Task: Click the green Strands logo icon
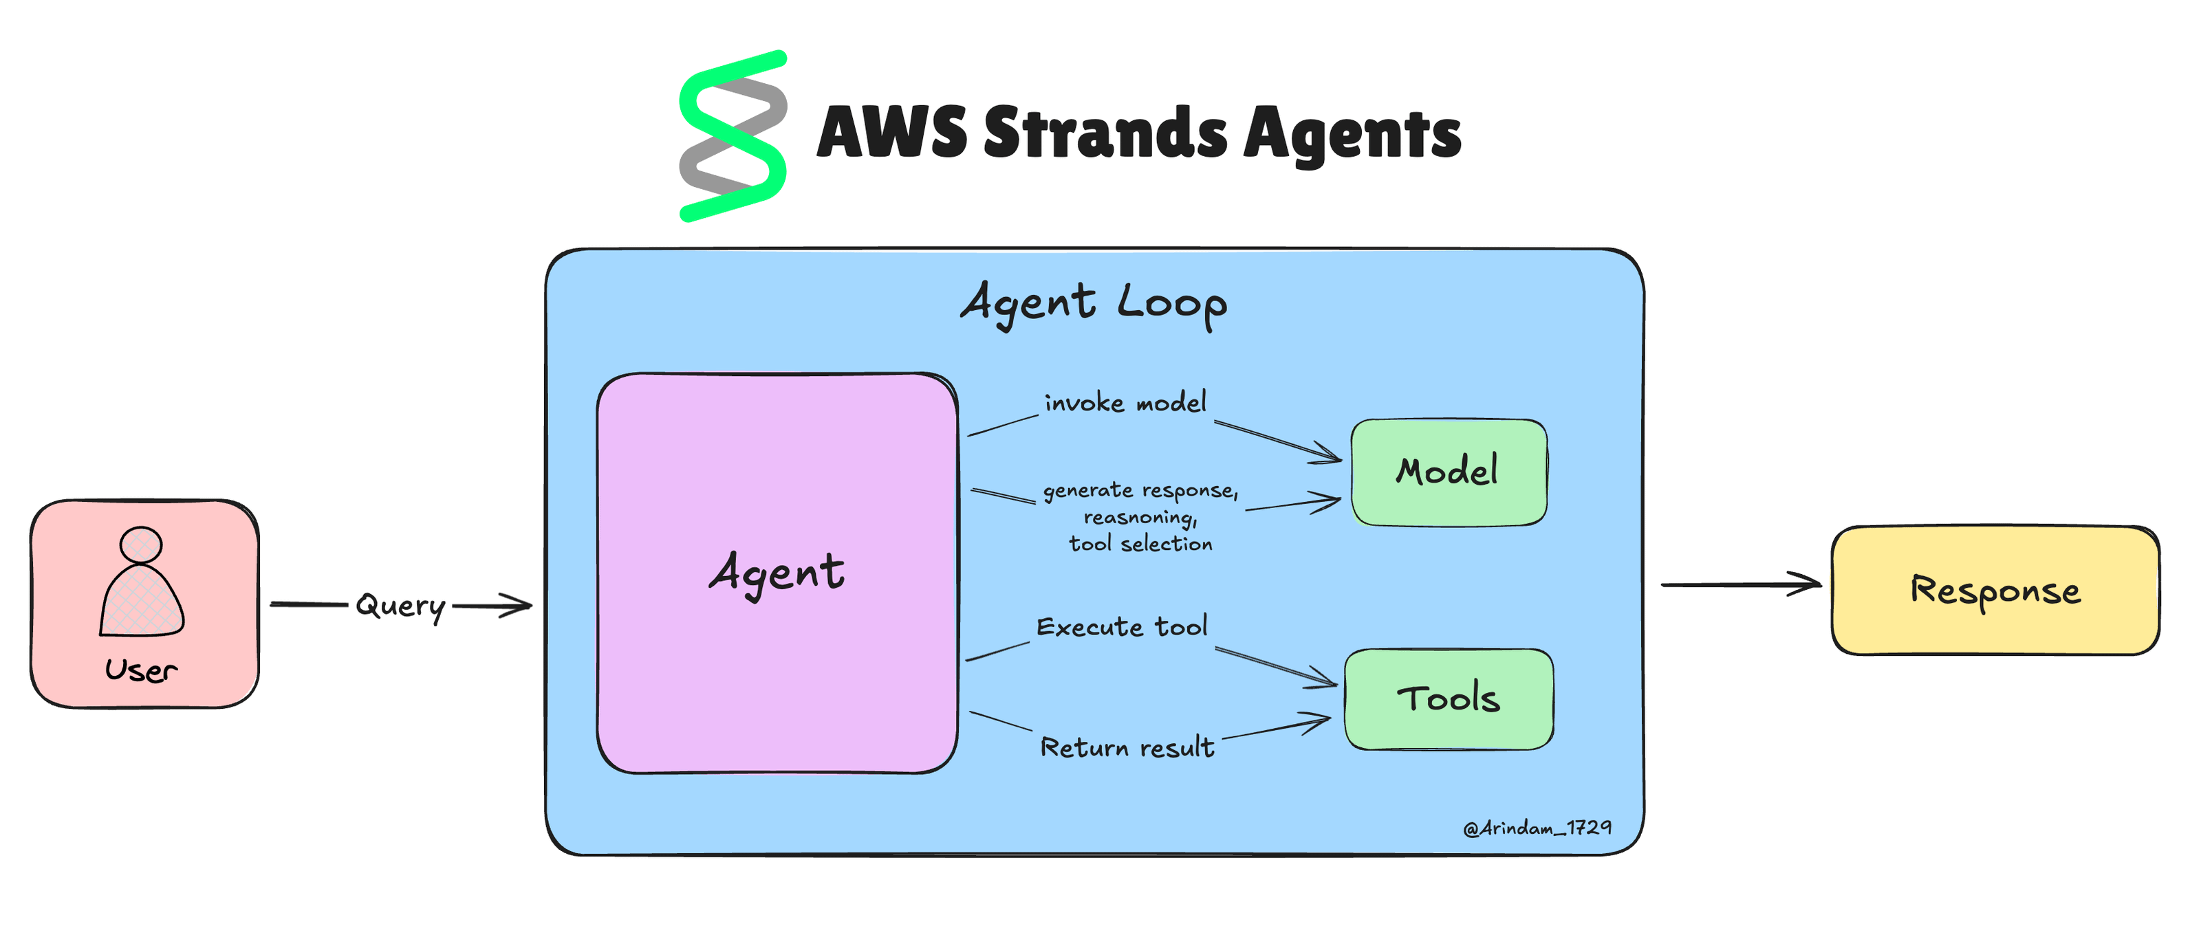tap(733, 137)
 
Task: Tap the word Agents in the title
tap(1352, 134)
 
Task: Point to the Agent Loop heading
tap(1094, 304)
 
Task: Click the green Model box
tap(1449, 472)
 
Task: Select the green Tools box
tap(1449, 698)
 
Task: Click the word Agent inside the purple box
tap(777, 573)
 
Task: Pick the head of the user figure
tap(141, 544)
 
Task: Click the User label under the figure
tap(141, 670)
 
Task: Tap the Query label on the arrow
tap(400, 606)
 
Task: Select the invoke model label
tap(1125, 403)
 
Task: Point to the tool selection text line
tap(1140, 544)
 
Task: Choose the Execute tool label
tap(1122, 628)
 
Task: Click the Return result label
tap(1126, 748)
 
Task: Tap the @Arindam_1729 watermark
tap(1537, 828)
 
